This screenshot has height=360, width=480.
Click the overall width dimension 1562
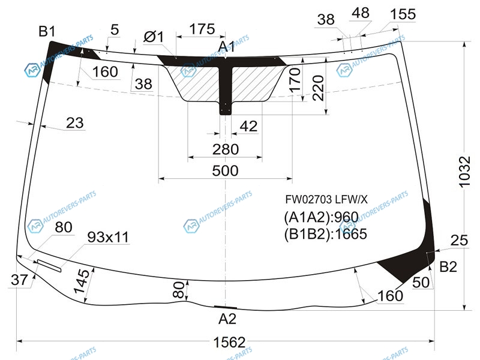pyautogui.click(x=229, y=342)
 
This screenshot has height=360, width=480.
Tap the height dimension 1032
pyautogui.click(x=464, y=172)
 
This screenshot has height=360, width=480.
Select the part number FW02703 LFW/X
pyautogui.click(x=326, y=200)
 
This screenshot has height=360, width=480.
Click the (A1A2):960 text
pyautogui.click(x=321, y=217)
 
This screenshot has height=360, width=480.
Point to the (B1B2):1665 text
pyautogui.click(x=325, y=234)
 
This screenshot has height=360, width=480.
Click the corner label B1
pyautogui.click(x=47, y=32)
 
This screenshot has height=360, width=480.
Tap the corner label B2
pyautogui.click(x=448, y=267)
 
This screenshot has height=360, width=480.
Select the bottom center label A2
pyautogui.click(x=227, y=319)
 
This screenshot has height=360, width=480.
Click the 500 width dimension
pyautogui.click(x=225, y=170)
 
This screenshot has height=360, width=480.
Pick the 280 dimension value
pyautogui.click(x=226, y=149)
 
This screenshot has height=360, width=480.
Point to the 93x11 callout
pyautogui.click(x=108, y=237)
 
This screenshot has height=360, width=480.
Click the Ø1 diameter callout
pyautogui.click(x=154, y=37)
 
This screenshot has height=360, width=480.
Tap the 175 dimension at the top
pyautogui.click(x=202, y=29)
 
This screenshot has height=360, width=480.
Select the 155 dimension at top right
pyautogui.click(x=403, y=14)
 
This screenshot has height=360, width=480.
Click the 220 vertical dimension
pyautogui.click(x=319, y=88)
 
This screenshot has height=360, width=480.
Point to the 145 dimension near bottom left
pyautogui.click(x=82, y=281)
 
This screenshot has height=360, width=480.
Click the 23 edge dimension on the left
pyautogui.click(x=74, y=123)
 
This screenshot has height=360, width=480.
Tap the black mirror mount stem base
pyautogui.click(x=226, y=109)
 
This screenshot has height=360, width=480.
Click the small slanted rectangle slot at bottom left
pyautogui.click(x=49, y=265)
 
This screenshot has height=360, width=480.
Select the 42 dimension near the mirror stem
pyautogui.click(x=248, y=126)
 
